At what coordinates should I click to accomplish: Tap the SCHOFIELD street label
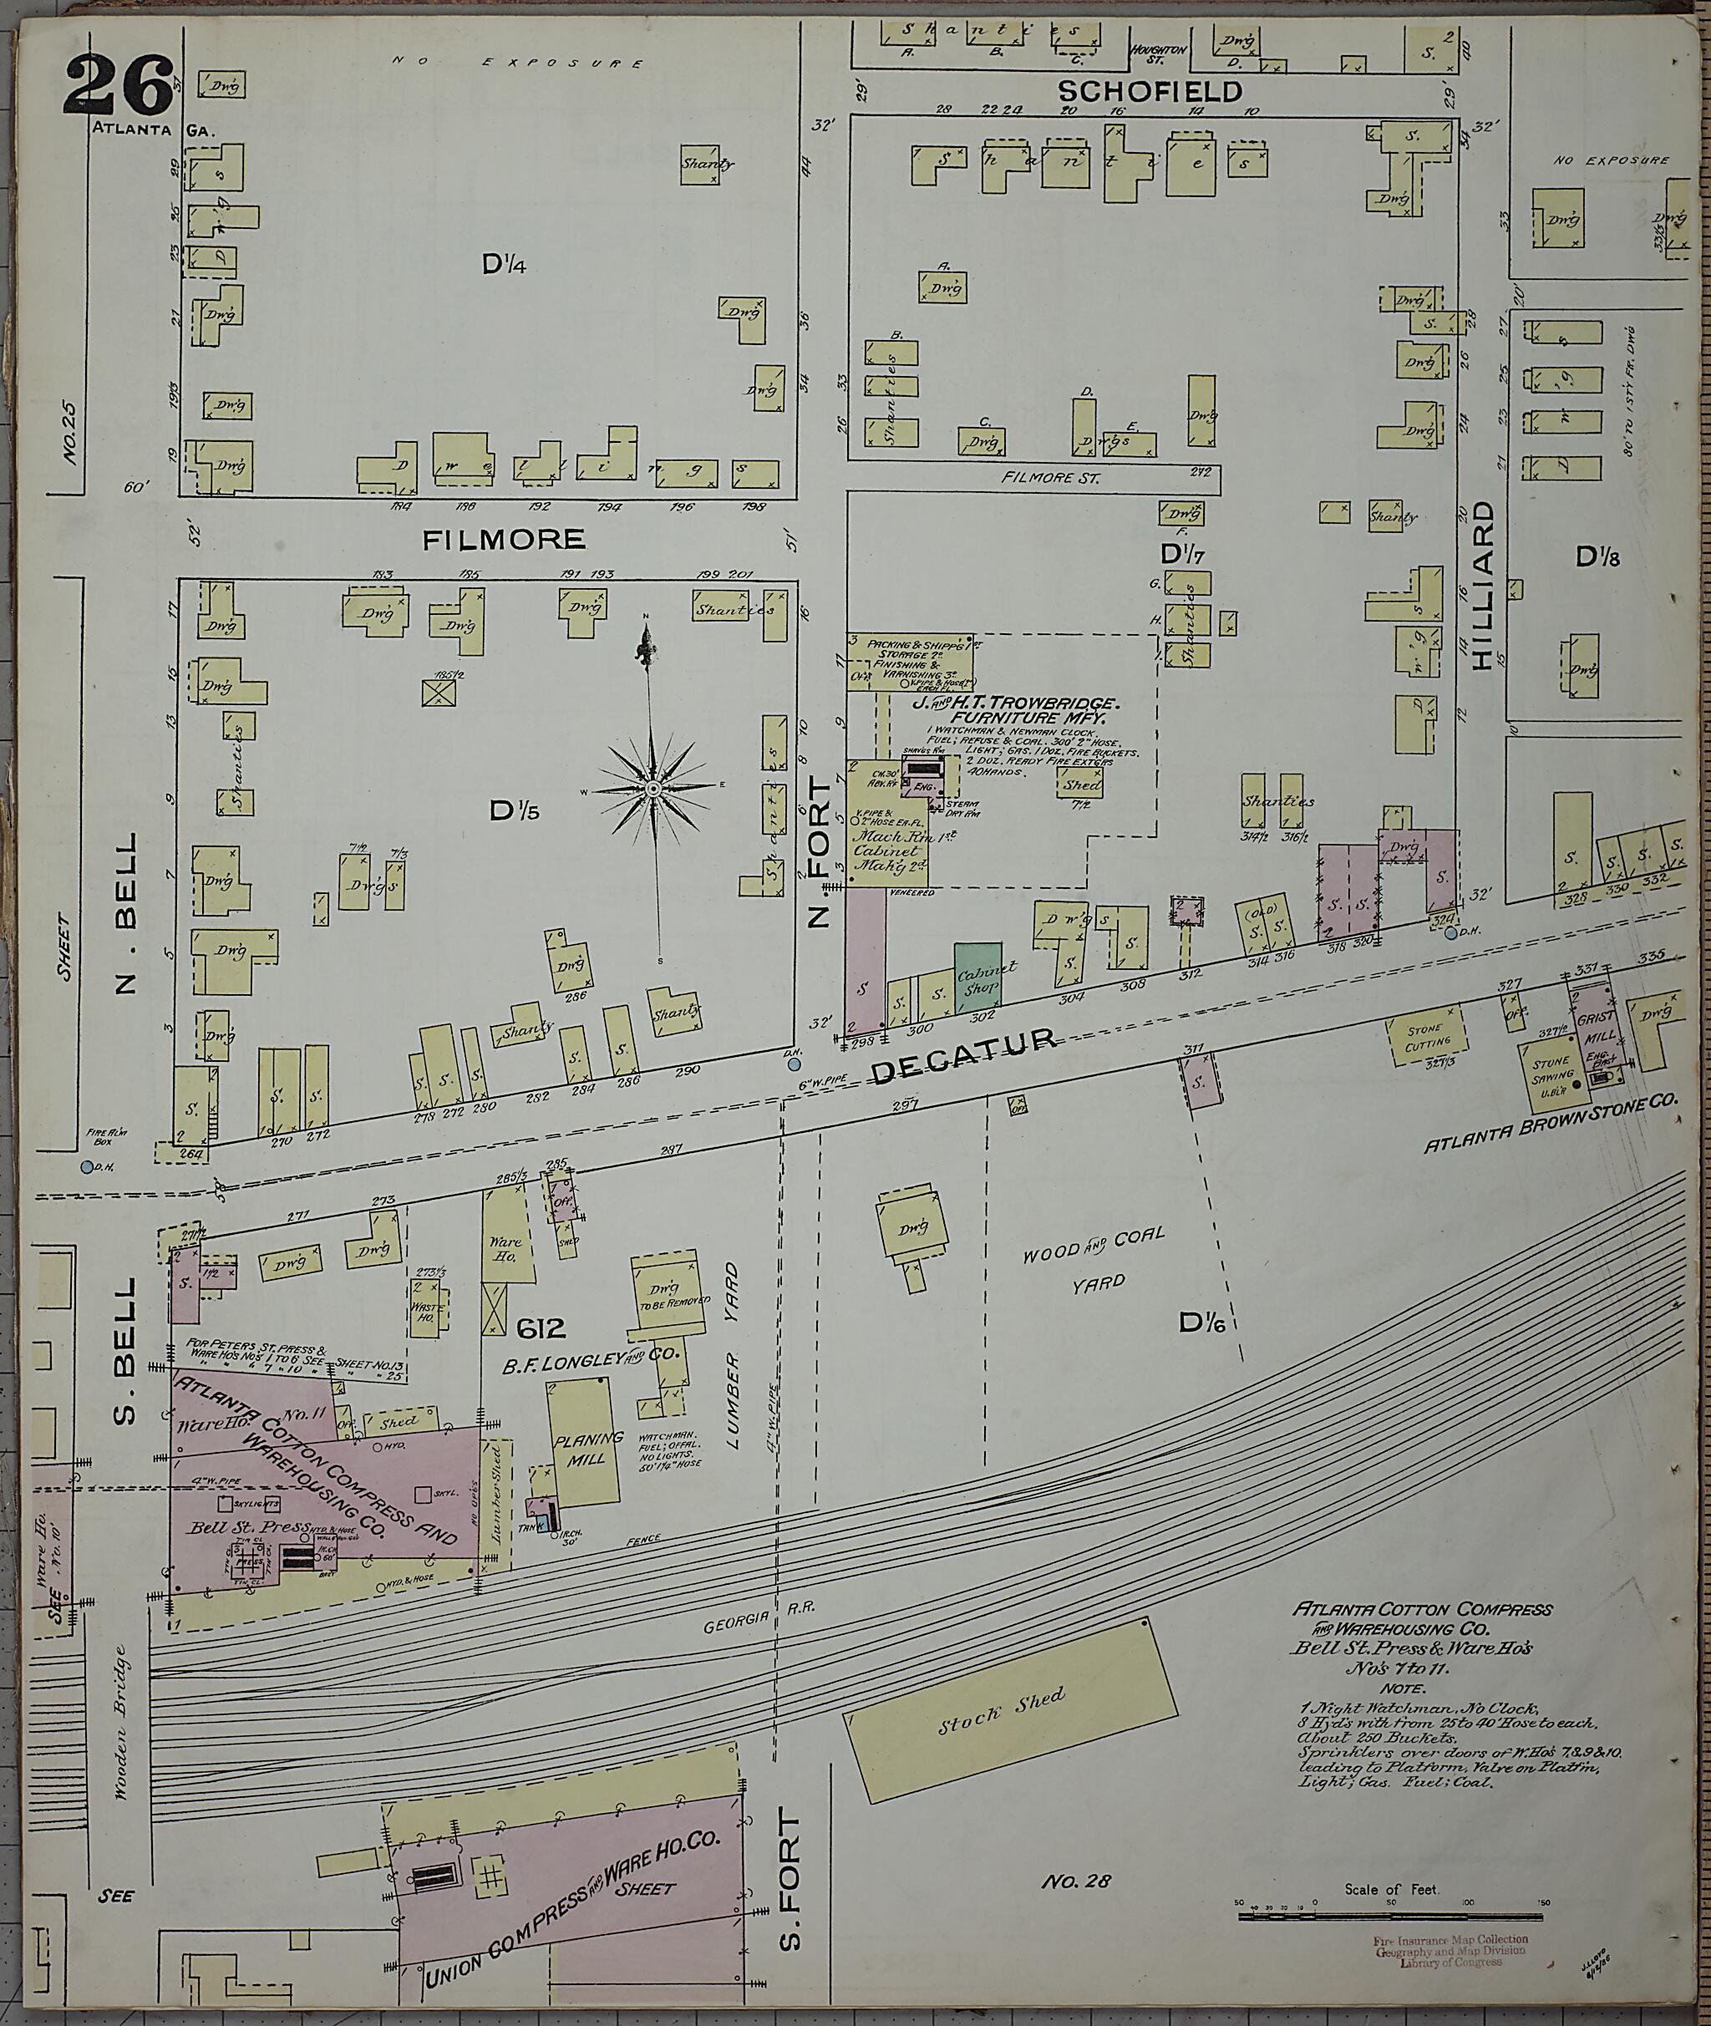(x=1149, y=91)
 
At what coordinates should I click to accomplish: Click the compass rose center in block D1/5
(x=652, y=790)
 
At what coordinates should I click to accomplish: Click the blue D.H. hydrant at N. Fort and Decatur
(x=795, y=1064)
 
